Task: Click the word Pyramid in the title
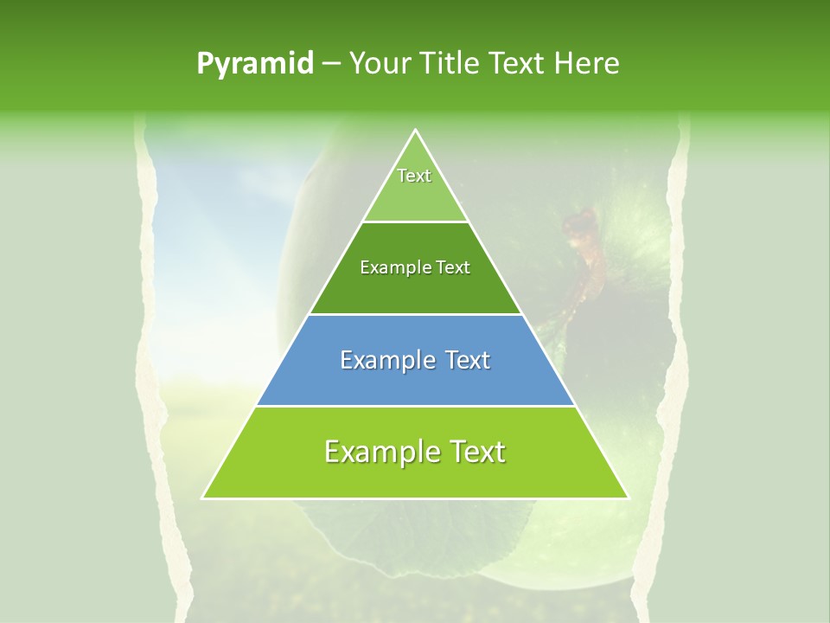pos(255,64)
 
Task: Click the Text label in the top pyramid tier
pos(414,176)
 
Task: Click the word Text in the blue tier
pos(464,360)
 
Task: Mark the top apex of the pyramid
pos(416,131)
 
